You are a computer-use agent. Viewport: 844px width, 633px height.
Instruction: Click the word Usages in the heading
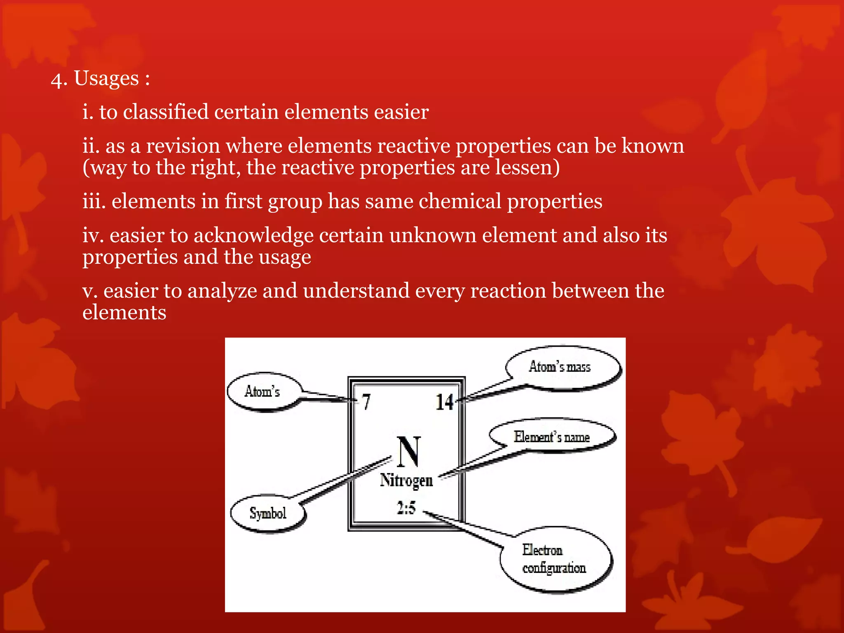[x=106, y=78]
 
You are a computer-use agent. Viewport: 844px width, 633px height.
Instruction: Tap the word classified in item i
[x=166, y=112]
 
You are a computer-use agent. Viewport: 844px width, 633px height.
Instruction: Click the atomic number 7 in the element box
[x=366, y=401]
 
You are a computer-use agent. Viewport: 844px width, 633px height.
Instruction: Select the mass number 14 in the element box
[x=444, y=402]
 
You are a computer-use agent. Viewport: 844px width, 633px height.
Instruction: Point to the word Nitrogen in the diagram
[x=406, y=481]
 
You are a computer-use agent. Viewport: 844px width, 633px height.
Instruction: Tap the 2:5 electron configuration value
[x=406, y=508]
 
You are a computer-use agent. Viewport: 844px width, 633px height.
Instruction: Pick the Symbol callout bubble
[x=268, y=513]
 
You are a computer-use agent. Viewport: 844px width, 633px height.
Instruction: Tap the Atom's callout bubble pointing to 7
[x=263, y=392]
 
